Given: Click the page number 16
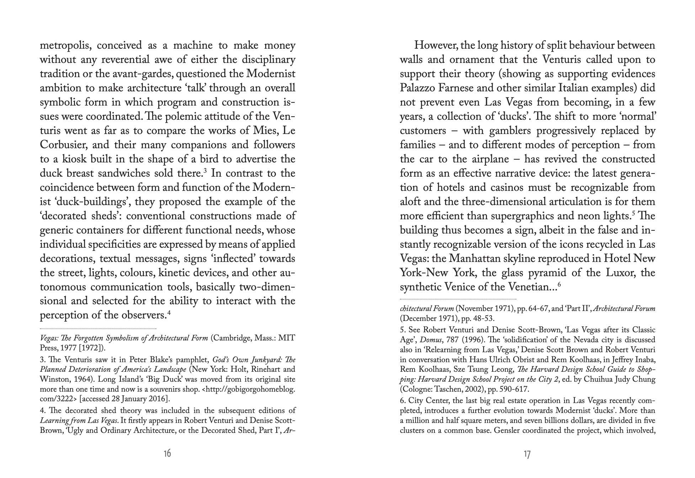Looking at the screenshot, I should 167,453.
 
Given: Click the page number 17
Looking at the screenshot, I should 527,454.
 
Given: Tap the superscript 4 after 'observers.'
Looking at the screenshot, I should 169,312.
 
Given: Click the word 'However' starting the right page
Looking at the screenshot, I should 436,46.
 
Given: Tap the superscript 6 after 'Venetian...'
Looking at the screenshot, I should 559,284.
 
